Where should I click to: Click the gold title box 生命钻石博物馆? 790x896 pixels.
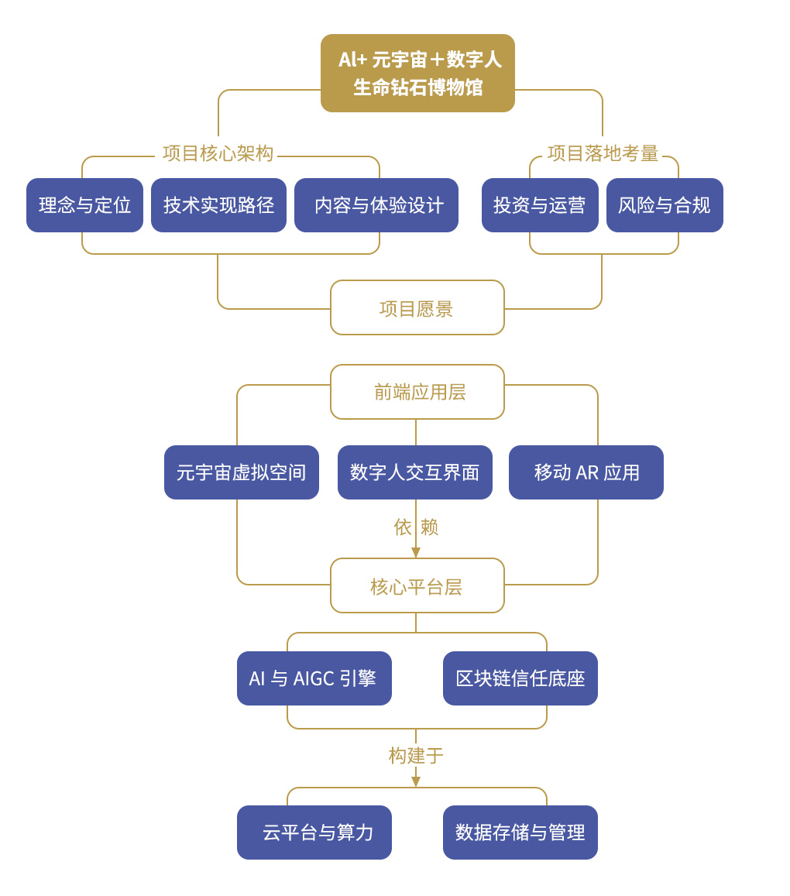(x=417, y=73)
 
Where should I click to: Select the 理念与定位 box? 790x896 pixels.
(x=84, y=205)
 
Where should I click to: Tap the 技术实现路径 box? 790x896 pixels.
(x=218, y=205)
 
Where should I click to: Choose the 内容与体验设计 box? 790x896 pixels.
(x=376, y=205)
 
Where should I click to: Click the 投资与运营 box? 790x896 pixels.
(x=540, y=205)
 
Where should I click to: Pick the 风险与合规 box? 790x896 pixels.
(x=665, y=205)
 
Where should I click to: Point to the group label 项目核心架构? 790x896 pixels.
(x=218, y=153)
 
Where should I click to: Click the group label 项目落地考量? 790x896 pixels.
(x=603, y=153)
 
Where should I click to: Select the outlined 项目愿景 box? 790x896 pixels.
(x=417, y=307)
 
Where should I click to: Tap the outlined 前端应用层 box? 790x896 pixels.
(x=417, y=392)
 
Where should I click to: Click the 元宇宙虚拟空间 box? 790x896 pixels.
(x=242, y=472)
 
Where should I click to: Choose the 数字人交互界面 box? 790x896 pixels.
(x=415, y=472)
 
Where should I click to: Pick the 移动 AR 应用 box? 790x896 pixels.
(x=586, y=472)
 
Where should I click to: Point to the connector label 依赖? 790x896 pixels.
(x=416, y=527)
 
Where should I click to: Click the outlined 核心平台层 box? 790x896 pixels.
(x=417, y=585)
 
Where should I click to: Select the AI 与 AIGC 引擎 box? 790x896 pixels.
(x=314, y=678)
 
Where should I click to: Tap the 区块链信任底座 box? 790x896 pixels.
(x=520, y=678)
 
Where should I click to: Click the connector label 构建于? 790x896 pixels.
(x=416, y=755)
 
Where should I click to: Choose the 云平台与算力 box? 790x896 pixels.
(x=314, y=832)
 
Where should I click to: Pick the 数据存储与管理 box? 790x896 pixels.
(x=520, y=832)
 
